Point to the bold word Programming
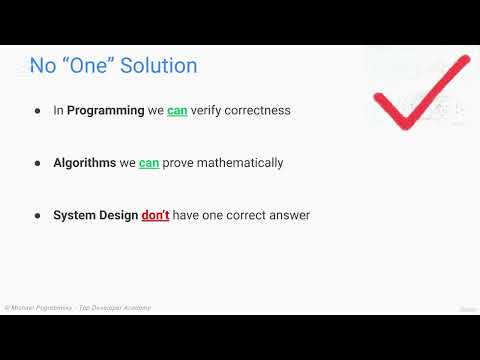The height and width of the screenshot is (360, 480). point(106,110)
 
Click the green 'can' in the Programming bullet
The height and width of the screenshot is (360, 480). point(177,110)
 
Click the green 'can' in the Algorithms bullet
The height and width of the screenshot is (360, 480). point(149,162)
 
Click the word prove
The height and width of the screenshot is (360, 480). point(180,162)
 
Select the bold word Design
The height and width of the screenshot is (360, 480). point(119,214)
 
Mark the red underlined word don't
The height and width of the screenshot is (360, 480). point(155,214)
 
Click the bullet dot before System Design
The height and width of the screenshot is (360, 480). point(38,215)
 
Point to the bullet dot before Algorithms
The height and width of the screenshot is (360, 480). point(38,163)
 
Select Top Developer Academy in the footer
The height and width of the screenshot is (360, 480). point(119,308)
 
